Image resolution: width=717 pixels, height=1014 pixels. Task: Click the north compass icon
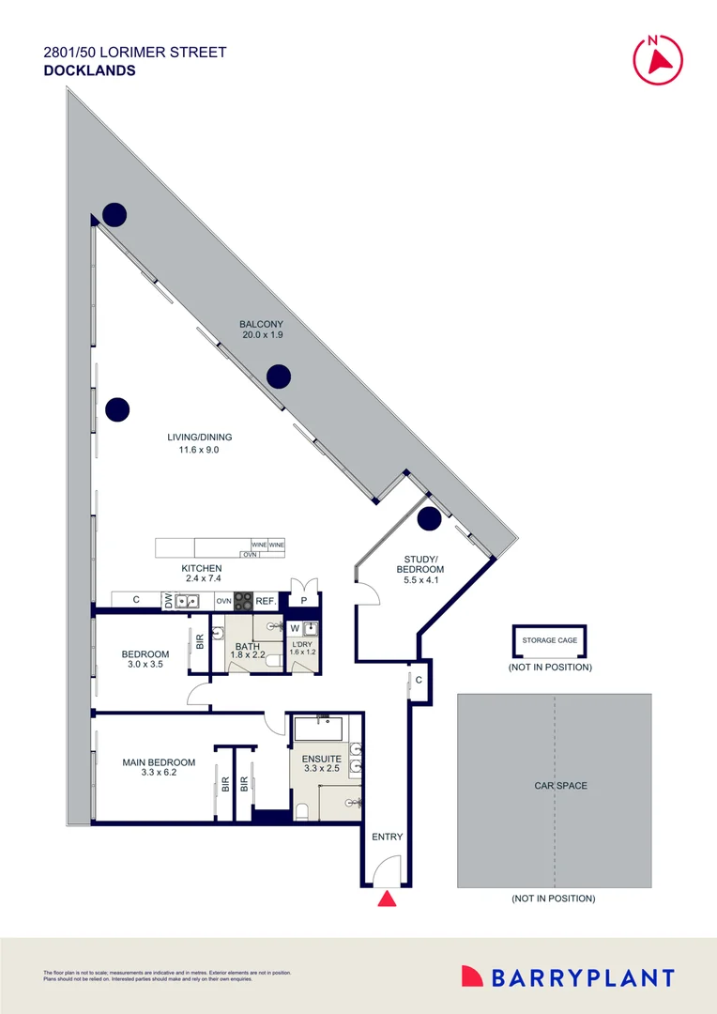tap(658, 58)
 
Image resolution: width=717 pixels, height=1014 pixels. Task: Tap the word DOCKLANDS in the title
tap(89, 70)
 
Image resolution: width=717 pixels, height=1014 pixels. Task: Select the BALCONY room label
tap(261, 324)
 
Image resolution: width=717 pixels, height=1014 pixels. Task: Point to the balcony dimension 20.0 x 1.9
tap(261, 335)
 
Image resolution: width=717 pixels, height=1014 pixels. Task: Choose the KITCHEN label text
tap(202, 568)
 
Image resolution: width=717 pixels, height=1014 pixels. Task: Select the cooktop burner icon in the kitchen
tap(243, 600)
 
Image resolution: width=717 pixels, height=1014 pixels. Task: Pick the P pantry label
tap(304, 600)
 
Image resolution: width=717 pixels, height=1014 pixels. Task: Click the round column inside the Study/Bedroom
tap(429, 517)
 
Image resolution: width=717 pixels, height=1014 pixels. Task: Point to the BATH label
tap(247, 646)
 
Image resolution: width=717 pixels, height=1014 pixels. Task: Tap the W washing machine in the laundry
tap(295, 628)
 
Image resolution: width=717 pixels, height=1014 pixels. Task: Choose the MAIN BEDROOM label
tap(159, 762)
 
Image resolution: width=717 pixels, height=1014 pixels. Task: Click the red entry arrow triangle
tap(387, 900)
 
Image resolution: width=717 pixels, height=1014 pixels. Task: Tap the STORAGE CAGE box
tap(549, 640)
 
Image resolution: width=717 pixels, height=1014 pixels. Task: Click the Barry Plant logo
tap(568, 977)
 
